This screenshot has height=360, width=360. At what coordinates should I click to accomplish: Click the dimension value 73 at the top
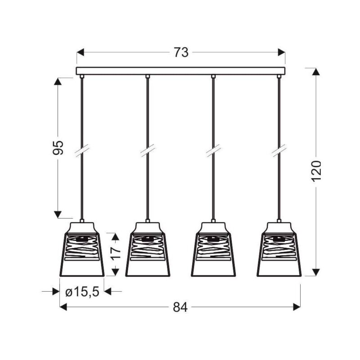(181, 52)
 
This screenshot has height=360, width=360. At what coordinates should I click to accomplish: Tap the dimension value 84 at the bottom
(180, 307)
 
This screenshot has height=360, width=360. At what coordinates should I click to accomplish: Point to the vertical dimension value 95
(58, 148)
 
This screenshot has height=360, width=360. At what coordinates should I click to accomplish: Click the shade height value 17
(116, 253)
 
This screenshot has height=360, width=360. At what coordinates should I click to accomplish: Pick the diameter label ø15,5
(82, 292)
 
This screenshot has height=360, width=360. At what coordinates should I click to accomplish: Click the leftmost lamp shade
(82, 249)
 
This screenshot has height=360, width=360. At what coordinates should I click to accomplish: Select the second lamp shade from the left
(148, 249)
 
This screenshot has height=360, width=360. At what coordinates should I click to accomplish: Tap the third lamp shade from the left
(213, 249)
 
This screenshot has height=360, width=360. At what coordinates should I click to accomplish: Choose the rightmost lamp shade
(279, 249)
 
